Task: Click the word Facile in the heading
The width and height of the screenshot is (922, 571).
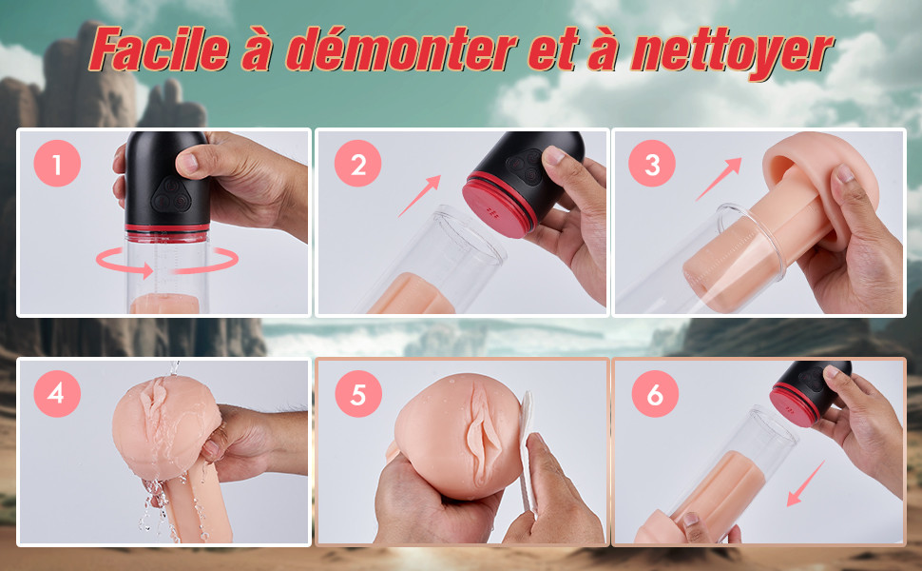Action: pos(160,49)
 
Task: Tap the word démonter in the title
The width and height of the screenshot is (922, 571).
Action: pos(402,49)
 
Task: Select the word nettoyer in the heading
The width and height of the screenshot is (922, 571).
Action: pos(732,52)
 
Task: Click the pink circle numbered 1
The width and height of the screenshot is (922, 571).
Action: pos(57,164)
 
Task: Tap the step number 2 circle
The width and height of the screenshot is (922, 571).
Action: pos(357,164)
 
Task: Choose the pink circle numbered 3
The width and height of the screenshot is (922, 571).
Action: pos(651,164)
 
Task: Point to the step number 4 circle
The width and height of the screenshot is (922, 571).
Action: pos(57,393)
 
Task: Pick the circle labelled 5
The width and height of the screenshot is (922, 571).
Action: pos(358,393)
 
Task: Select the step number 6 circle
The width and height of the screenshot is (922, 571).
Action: pos(655,393)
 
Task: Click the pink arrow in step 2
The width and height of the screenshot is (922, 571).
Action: pos(419,196)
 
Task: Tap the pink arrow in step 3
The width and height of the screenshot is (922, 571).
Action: pos(719,178)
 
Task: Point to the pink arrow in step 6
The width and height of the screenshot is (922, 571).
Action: pos(806,483)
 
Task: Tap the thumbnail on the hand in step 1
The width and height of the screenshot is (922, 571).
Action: pos(187,162)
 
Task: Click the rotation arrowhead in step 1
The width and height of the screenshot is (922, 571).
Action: pos(144,269)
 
